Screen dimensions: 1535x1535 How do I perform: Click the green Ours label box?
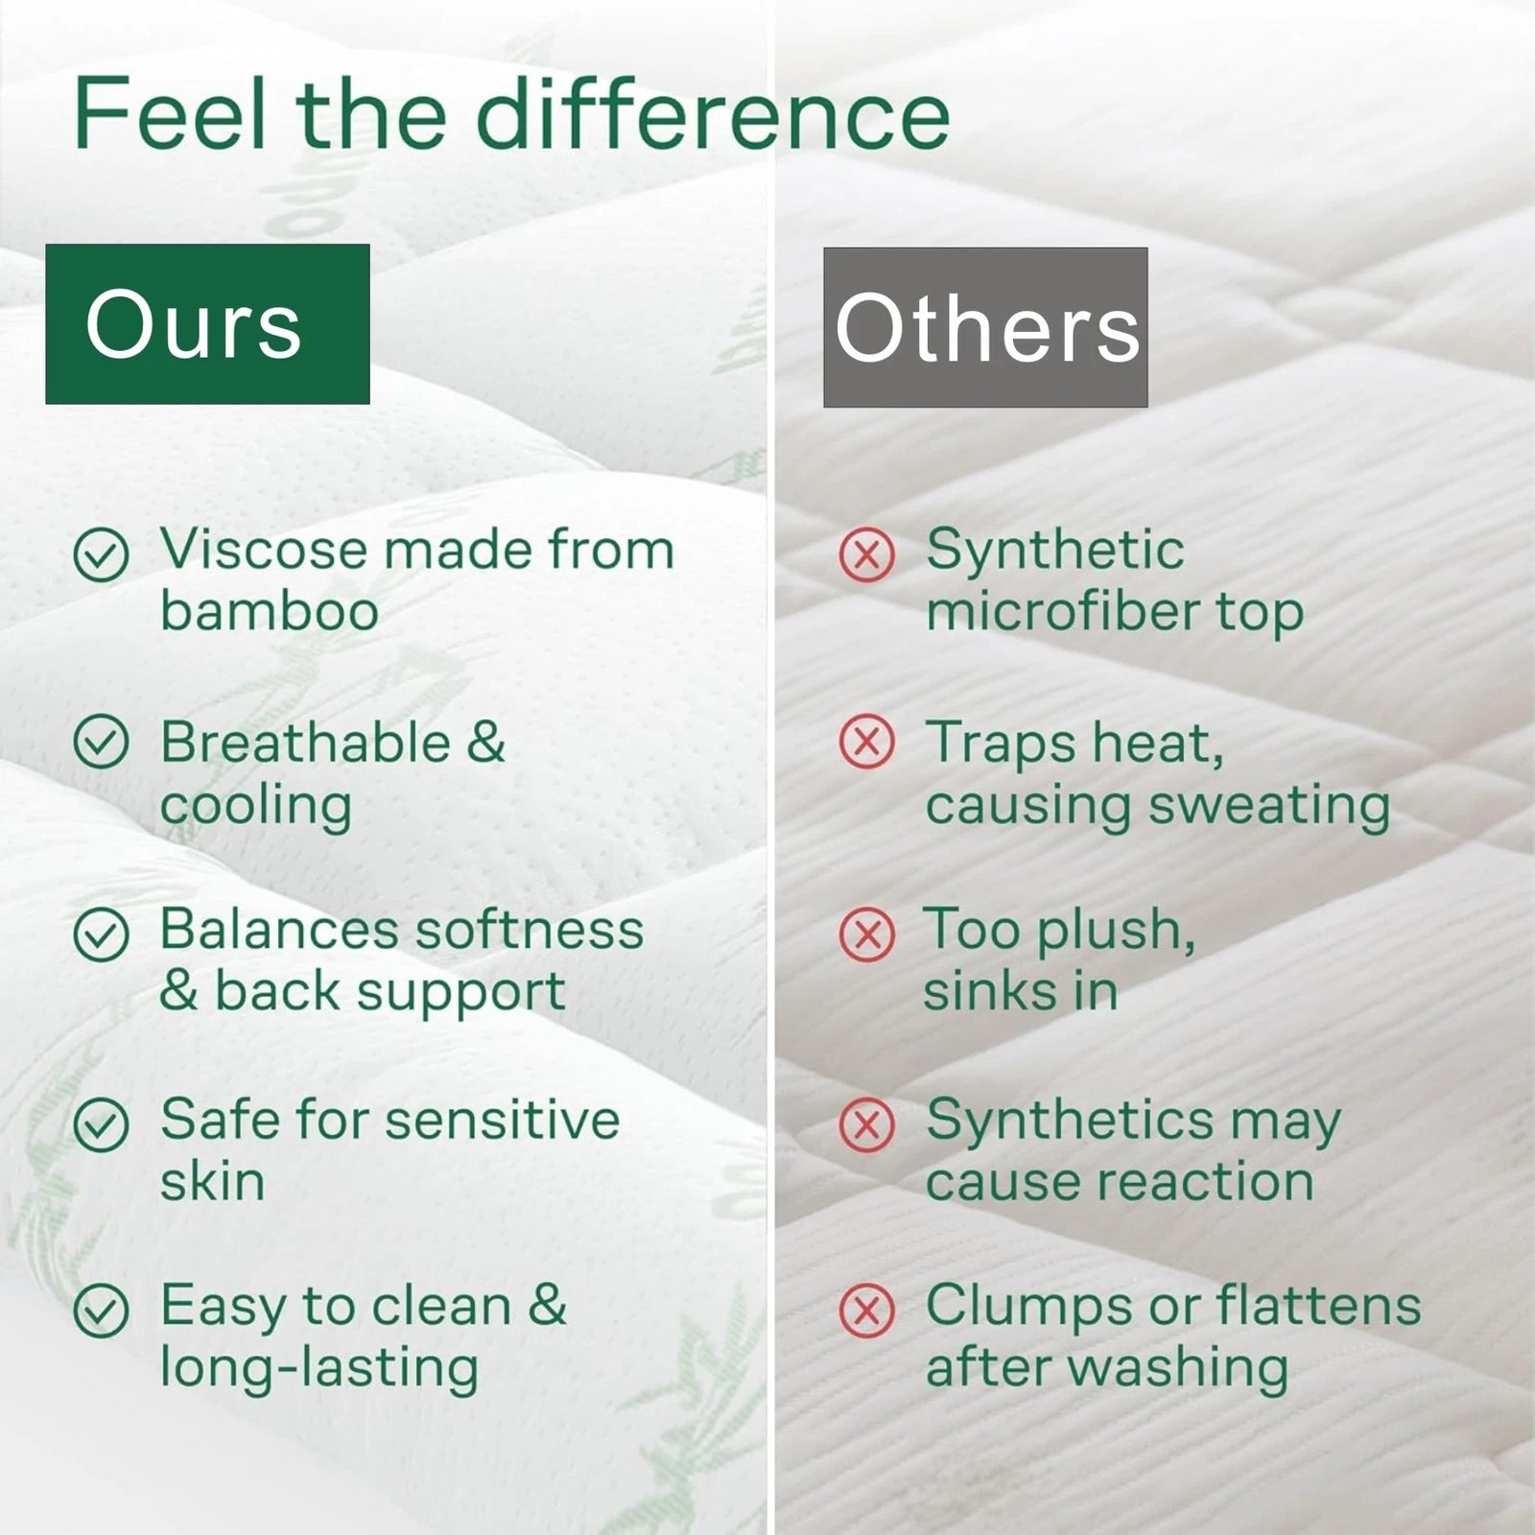pyautogui.click(x=207, y=323)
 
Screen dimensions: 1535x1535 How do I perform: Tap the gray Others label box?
pyautogui.click(x=985, y=327)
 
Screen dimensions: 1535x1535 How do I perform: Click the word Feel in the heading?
pyautogui.click(x=169, y=114)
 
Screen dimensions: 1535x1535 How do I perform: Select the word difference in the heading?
pyautogui.click(x=713, y=114)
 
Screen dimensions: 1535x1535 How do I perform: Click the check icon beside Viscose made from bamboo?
pyautogui.click(x=101, y=554)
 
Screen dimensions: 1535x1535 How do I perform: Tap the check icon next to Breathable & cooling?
pyautogui.click(x=101, y=742)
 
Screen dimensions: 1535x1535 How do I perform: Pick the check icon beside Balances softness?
pyautogui.click(x=101, y=933)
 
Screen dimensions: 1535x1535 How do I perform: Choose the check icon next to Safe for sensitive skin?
pyautogui.click(x=101, y=1123)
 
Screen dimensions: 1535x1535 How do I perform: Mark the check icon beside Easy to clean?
pyautogui.click(x=101, y=1310)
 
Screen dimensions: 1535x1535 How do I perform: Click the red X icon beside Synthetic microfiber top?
pyautogui.click(x=866, y=554)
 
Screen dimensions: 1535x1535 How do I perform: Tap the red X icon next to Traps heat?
pyautogui.click(x=866, y=742)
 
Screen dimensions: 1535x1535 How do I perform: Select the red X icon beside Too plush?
pyautogui.click(x=866, y=933)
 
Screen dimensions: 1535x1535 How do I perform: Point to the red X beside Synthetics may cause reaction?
pyautogui.click(x=866, y=1123)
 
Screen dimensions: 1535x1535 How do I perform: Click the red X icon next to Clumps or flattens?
pyautogui.click(x=866, y=1310)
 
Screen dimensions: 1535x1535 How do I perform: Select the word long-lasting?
pyautogui.click(x=319, y=1368)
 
